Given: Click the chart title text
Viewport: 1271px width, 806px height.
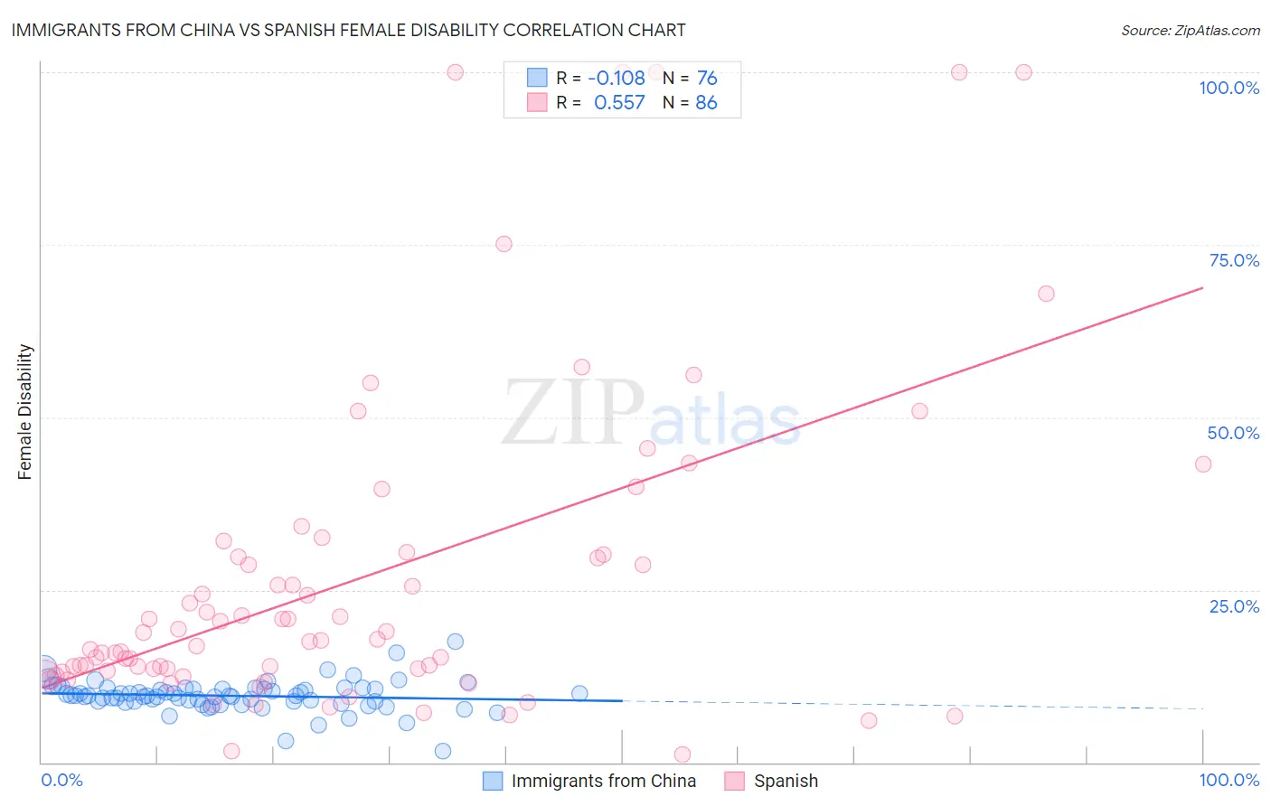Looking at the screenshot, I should [x=348, y=30].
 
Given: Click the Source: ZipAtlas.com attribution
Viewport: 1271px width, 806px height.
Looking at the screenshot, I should [x=1190, y=30].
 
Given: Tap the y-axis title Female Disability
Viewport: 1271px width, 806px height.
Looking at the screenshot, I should [x=25, y=412].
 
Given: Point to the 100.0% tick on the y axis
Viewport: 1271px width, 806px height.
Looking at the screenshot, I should [x=1229, y=88].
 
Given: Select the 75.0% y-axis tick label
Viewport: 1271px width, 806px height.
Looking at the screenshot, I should [x=1234, y=260].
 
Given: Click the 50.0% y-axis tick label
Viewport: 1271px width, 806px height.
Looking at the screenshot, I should [x=1233, y=433].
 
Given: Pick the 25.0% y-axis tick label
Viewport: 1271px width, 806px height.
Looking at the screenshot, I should [x=1234, y=606].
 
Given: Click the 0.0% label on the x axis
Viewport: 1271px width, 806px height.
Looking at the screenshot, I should [x=61, y=780].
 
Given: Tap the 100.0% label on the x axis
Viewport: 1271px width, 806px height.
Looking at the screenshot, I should [x=1229, y=780].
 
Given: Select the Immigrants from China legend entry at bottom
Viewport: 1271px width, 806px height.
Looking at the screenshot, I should [x=603, y=781].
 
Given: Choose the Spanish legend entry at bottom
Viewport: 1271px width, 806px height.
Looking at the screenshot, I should [x=785, y=781].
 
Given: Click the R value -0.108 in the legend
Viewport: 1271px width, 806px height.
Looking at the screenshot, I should [x=616, y=79].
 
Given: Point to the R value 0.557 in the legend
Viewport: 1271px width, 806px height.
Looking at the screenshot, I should [x=619, y=103].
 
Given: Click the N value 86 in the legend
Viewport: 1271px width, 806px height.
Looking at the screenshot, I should [x=706, y=103].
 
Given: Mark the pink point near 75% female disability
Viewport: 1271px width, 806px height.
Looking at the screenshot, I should [x=504, y=244].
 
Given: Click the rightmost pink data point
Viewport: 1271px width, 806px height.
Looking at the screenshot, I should [x=1202, y=464].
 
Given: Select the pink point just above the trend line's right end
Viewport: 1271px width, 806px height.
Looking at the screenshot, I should [x=1046, y=294].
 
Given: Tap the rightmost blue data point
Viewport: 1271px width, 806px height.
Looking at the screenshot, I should [x=579, y=694].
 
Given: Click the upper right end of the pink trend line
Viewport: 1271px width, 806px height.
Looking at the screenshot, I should [x=1202, y=287].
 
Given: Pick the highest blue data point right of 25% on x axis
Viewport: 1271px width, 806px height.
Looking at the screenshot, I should [x=456, y=642].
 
